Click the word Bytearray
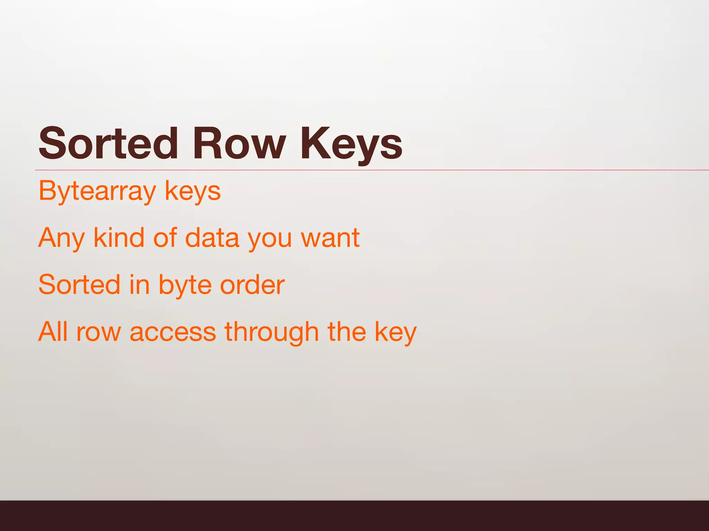click(97, 191)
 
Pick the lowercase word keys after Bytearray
click(192, 191)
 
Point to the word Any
click(62, 238)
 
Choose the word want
click(330, 238)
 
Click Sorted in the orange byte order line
click(79, 285)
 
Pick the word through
click(271, 332)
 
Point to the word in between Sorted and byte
click(140, 285)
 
